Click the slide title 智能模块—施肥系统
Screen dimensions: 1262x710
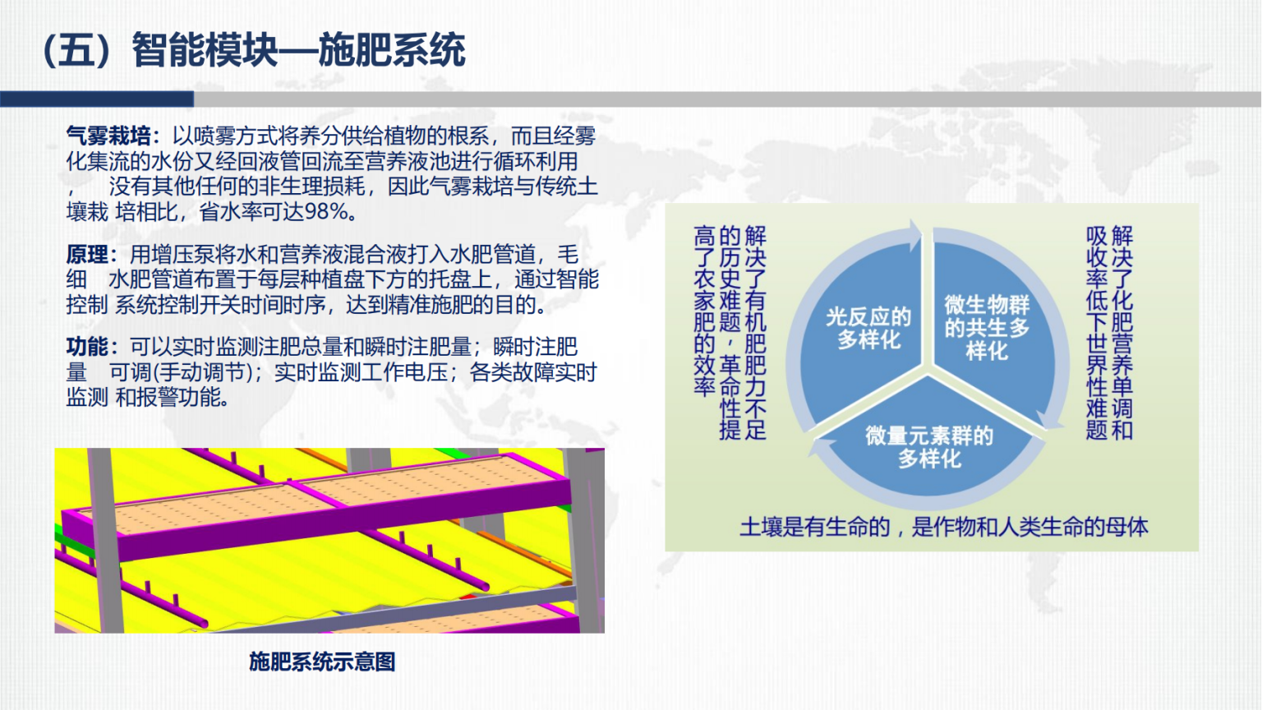298,50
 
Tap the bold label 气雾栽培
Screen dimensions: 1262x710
108,136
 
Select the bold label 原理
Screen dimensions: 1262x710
87,255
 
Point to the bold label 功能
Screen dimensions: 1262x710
87,347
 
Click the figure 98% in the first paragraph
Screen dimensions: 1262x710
325,212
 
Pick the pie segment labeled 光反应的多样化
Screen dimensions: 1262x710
862,333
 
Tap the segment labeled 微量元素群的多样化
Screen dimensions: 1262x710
928,445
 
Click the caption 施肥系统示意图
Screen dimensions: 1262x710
322,662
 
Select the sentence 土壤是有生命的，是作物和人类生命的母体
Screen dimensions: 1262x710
944,527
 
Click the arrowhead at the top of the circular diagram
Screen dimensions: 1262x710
914,234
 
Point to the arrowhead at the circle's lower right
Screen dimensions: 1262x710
1049,419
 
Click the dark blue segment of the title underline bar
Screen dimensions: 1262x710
97,99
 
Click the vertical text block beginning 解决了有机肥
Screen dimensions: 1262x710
730,333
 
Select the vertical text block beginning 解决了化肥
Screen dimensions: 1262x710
1109,333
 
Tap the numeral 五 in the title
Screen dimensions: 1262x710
76,50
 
